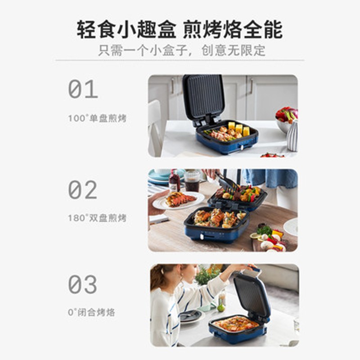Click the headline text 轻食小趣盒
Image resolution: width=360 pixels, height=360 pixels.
coord(126,29)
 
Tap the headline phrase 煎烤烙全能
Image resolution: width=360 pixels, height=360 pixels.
coord(233,29)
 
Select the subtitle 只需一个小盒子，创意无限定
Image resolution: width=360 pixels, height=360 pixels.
coord(182,50)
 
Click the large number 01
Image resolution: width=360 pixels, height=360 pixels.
coord(83,89)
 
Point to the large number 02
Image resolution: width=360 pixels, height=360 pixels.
coord(83,189)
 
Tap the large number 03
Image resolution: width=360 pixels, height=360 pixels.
coord(83,284)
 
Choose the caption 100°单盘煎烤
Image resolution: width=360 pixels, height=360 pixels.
coord(97,118)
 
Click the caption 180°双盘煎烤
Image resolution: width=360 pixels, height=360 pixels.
coord(97,218)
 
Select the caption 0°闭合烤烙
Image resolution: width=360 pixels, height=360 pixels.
coord(92,312)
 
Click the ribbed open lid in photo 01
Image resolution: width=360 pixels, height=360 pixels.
coord(204,96)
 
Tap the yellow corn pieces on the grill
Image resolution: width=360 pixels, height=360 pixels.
coord(239,129)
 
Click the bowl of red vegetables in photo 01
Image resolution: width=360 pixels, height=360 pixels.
coord(287,119)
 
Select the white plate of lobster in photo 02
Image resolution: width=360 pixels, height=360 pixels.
coord(178,200)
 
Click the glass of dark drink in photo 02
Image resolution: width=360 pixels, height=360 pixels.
coord(192,181)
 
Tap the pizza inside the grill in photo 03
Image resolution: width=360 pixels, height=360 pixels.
coord(235,324)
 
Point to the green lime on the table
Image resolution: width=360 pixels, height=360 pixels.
coord(221,308)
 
